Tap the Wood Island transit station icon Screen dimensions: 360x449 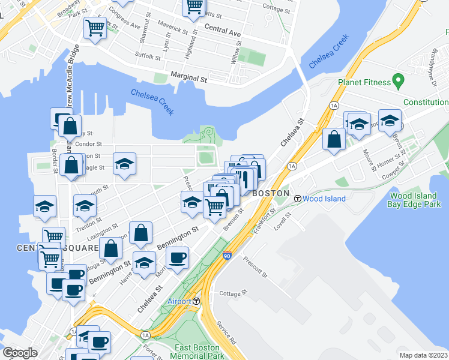pyautogui.click(x=297, y=198)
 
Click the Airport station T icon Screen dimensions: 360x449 pyautogui.click(x=196, y=301)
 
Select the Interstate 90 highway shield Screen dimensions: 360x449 pyautogui.click(x=227, y=256)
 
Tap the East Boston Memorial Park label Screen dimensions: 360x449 pyautogui.click(x=199, y=352)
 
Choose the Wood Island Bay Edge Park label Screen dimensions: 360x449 pyautogui.click(x=415, y=200)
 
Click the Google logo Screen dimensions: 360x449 pyautogui.click(x=20, y=352)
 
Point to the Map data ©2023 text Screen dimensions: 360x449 pyautogui.click(x=423, y=355)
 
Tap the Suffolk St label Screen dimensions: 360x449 pyautogui.click(x=148, y=58)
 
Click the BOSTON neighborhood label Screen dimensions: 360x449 pyautogui.click(x=271, y=194)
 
